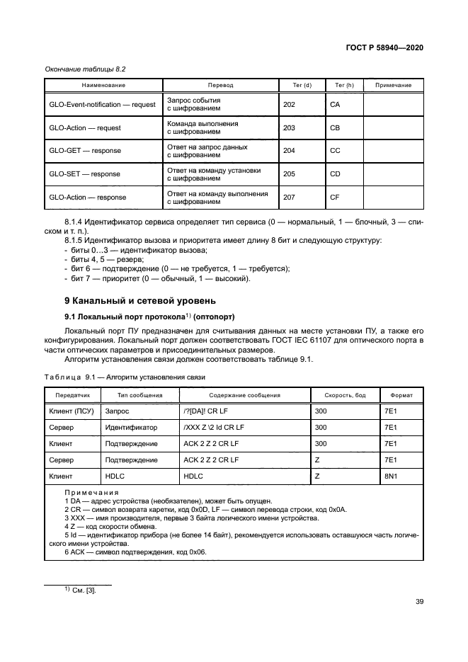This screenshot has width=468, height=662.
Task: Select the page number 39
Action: tap(418, 602)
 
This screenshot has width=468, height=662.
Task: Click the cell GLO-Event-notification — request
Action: tap(102, 104)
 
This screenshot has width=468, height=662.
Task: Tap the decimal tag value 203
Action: tap(290, 127)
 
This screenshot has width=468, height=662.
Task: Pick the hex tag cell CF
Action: tap(335, 197)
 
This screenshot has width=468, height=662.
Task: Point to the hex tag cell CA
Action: tap(335, 104)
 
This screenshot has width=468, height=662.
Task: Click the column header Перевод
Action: tap(220, 85)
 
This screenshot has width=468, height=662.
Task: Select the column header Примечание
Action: tap(393, 85)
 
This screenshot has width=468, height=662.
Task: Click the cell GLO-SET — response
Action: tap(84, 173)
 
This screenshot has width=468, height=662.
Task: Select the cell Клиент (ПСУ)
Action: tap(71, 410)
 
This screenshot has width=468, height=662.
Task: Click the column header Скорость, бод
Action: tap(344, 395)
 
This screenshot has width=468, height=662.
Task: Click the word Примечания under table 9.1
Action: tap(91, 492)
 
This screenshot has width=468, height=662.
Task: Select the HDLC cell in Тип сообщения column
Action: tap(114, 476)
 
